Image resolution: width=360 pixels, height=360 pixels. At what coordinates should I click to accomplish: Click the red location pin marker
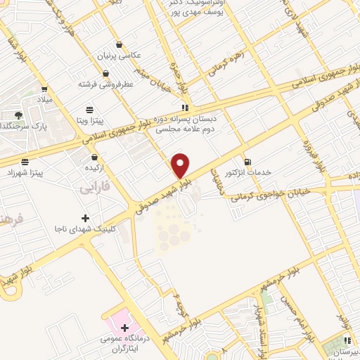coord(181,165)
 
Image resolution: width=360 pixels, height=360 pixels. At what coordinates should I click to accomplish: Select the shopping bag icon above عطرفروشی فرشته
coord(105,73)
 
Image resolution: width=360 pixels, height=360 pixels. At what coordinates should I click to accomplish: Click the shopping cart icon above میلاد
coord(44,89)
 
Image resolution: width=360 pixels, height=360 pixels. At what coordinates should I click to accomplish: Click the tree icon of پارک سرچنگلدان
coord(18,115)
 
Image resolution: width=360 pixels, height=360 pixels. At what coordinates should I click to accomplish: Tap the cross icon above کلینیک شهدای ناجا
coord(86,218)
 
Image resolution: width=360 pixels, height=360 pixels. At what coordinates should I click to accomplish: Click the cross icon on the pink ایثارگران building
coord(125,328)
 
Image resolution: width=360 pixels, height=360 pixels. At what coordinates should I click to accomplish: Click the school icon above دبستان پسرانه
coord(185,108)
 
